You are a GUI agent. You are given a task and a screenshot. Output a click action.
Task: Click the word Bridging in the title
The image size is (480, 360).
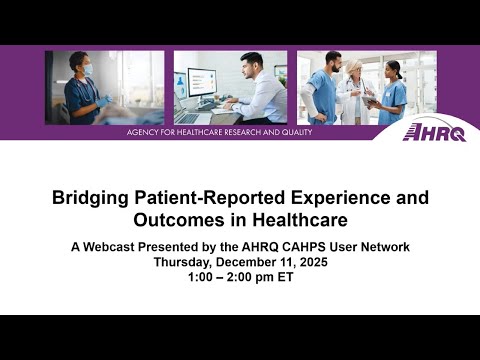87,198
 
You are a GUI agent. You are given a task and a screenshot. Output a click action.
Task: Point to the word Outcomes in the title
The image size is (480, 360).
176,219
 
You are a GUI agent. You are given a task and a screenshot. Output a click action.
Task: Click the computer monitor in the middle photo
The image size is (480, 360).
201,84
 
